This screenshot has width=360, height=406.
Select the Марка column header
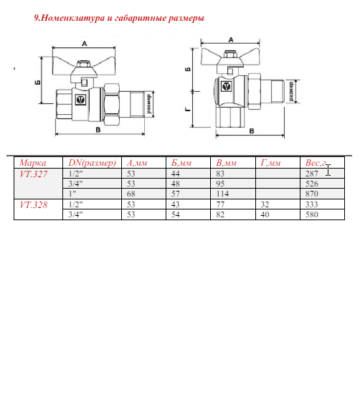pyautogui.click(x=33, y=163)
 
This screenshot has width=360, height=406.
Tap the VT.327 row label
pyautogui.click(x=34, y=174)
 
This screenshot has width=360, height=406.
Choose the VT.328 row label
pyautogui.click(x=34, y=205)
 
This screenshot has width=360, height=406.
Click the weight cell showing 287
pyautogui.click(x=312, y=174)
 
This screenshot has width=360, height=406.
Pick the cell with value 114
pyautogui.click(x=222, y=194)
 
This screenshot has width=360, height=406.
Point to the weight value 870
pyautogui.click(x=312, y=194)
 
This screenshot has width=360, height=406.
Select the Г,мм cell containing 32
pyautogui.click(x=265, y=204)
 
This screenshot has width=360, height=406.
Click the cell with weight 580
pyautogui.click(x=312, y=214)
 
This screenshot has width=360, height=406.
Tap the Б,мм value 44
pyautogui.click(x=176, y=174)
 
